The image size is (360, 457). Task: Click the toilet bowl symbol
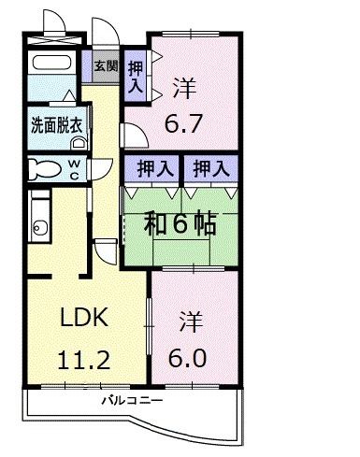(43, 168)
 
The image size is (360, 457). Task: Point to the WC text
(74, 168)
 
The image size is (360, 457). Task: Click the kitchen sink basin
(39, 225)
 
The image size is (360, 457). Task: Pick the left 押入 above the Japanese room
(154, 169)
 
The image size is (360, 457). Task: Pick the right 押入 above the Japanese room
(209, 169)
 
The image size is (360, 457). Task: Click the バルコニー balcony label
(133, 400)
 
